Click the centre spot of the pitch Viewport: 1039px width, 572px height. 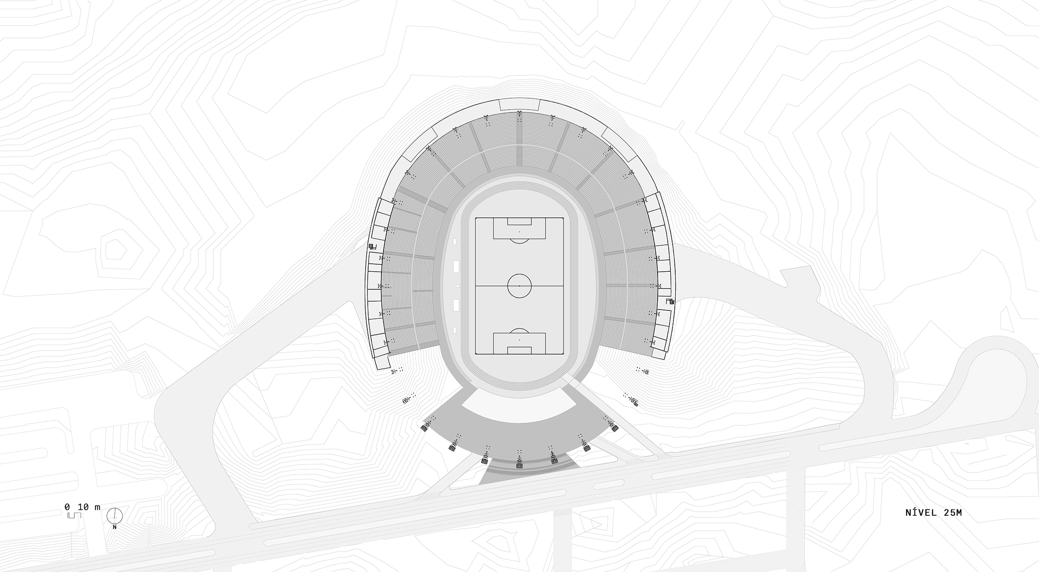pyautogui.click(x=519, y=286)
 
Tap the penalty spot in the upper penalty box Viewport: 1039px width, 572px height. pyautogui.click(x=519, y=232)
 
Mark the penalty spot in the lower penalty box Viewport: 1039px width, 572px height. pyautogui.click(x=519, y=340)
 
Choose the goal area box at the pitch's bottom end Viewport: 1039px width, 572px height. pyautogui.click(x=519, y=350)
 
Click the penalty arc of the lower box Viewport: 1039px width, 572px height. pyautogui.click(x=519, y=331)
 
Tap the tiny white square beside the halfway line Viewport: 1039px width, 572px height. pyautogui.click(x=458, y=286)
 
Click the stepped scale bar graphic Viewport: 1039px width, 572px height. pyautogui.click(x=75, y=515)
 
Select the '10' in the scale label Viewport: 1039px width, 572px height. pyautogui.click(x=84, y=507)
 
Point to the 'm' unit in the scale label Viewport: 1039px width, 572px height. pyautogui.click(x=97, y=507)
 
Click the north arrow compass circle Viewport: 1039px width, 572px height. pyautogui.click(x=114, y=515)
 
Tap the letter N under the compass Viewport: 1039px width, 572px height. pyautogui.click(x=114, y=527)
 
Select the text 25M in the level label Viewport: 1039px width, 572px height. pyautogui.click(x=952, y=513)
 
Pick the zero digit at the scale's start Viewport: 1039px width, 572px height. pyautogui.click(x=67, y=507)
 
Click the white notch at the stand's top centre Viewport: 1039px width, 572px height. pyautogui.click(x=519, y=105)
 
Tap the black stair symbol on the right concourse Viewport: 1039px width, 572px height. pyautogui.click(x=671, y=302)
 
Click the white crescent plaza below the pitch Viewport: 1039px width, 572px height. pyautogui.click(x=519, y=405)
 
